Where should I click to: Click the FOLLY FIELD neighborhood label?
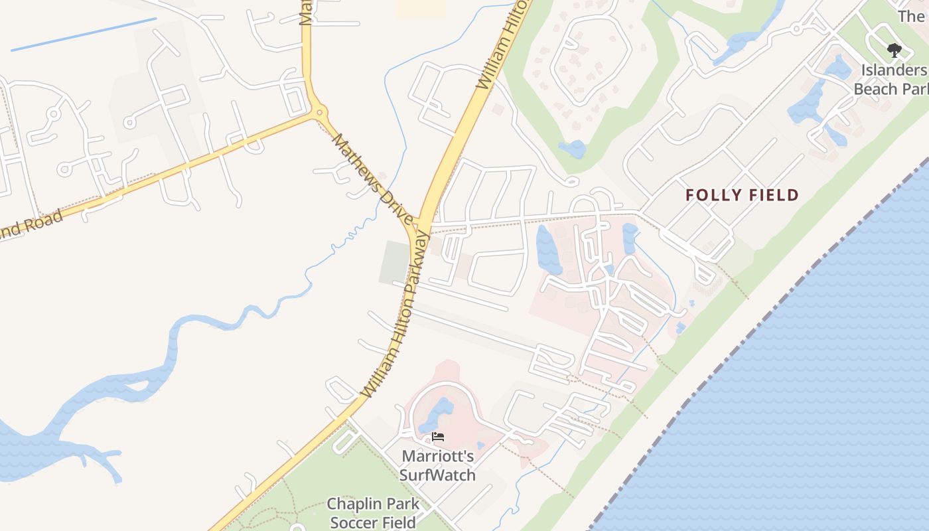tap(741, 195)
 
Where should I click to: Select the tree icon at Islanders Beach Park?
tap(894, 50)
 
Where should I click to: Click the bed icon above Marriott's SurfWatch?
tap(437, 437)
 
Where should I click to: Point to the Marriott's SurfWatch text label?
tap(437, 465)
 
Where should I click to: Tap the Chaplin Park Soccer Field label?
tap(373, 513)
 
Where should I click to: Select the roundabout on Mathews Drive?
tap(319, 112)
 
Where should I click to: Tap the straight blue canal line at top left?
tap(84, 34)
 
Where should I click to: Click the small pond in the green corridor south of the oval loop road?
tap(573, 149)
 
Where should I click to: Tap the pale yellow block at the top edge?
tap(421, 8)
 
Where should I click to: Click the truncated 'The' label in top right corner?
tap(910, 16)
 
